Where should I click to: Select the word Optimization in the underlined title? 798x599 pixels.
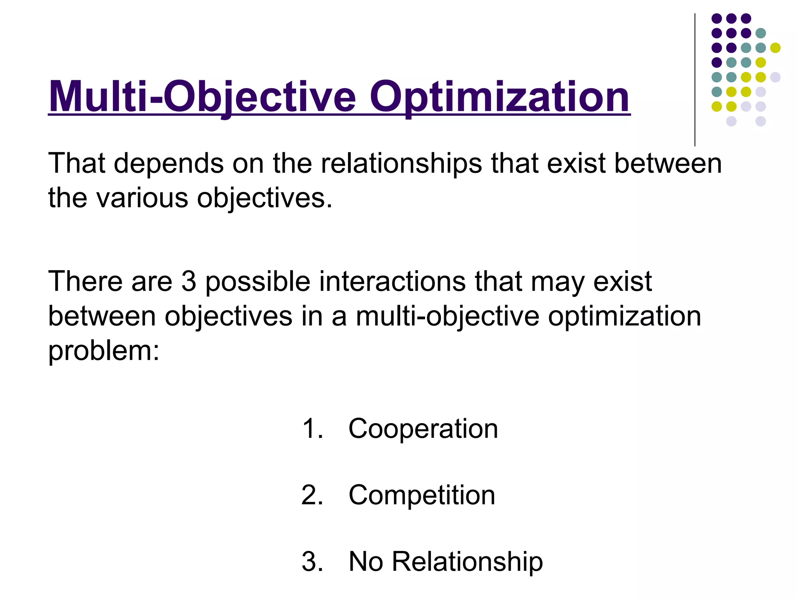tap(500, 97)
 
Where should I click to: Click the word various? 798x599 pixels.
tap(142, 198)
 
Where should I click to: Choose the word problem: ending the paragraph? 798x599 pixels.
tap(104, 350)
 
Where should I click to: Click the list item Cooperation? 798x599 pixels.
tap(423, 429)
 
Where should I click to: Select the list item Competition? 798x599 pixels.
tap(422, 495)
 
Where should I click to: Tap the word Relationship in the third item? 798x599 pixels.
tap(467, 562)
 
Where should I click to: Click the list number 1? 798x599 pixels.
tap(312, 429)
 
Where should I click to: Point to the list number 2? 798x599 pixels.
tap(312, 495)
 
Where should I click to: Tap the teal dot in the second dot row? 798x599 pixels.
tap(761, 33)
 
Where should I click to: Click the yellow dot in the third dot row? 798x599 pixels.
tap(775, 48)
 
